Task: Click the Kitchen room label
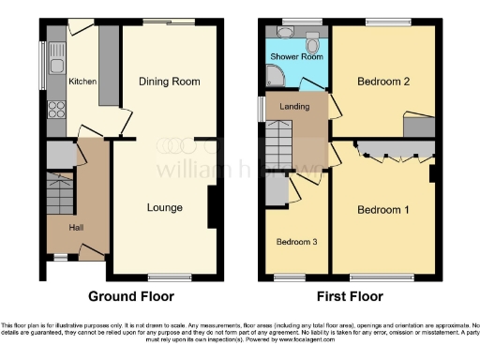[x=82, y=82]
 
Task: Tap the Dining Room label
[x=170, y=82]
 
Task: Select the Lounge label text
[x=164, y=207]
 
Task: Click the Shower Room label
[x=296, y=57]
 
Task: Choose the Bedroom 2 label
[x=383, y=82]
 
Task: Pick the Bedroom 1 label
[x=382, y=209]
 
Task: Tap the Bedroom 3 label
[x=295, y=242]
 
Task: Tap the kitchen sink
[x=56, y=65]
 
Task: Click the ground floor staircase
[x=58, y=192]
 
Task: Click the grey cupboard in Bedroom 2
[x=418, y=127]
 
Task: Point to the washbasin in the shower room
[x=284, y=34]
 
